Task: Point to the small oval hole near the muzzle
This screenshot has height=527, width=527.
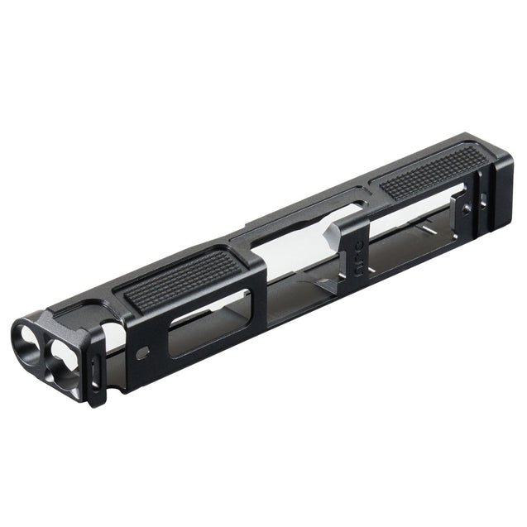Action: tap(143, 352)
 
